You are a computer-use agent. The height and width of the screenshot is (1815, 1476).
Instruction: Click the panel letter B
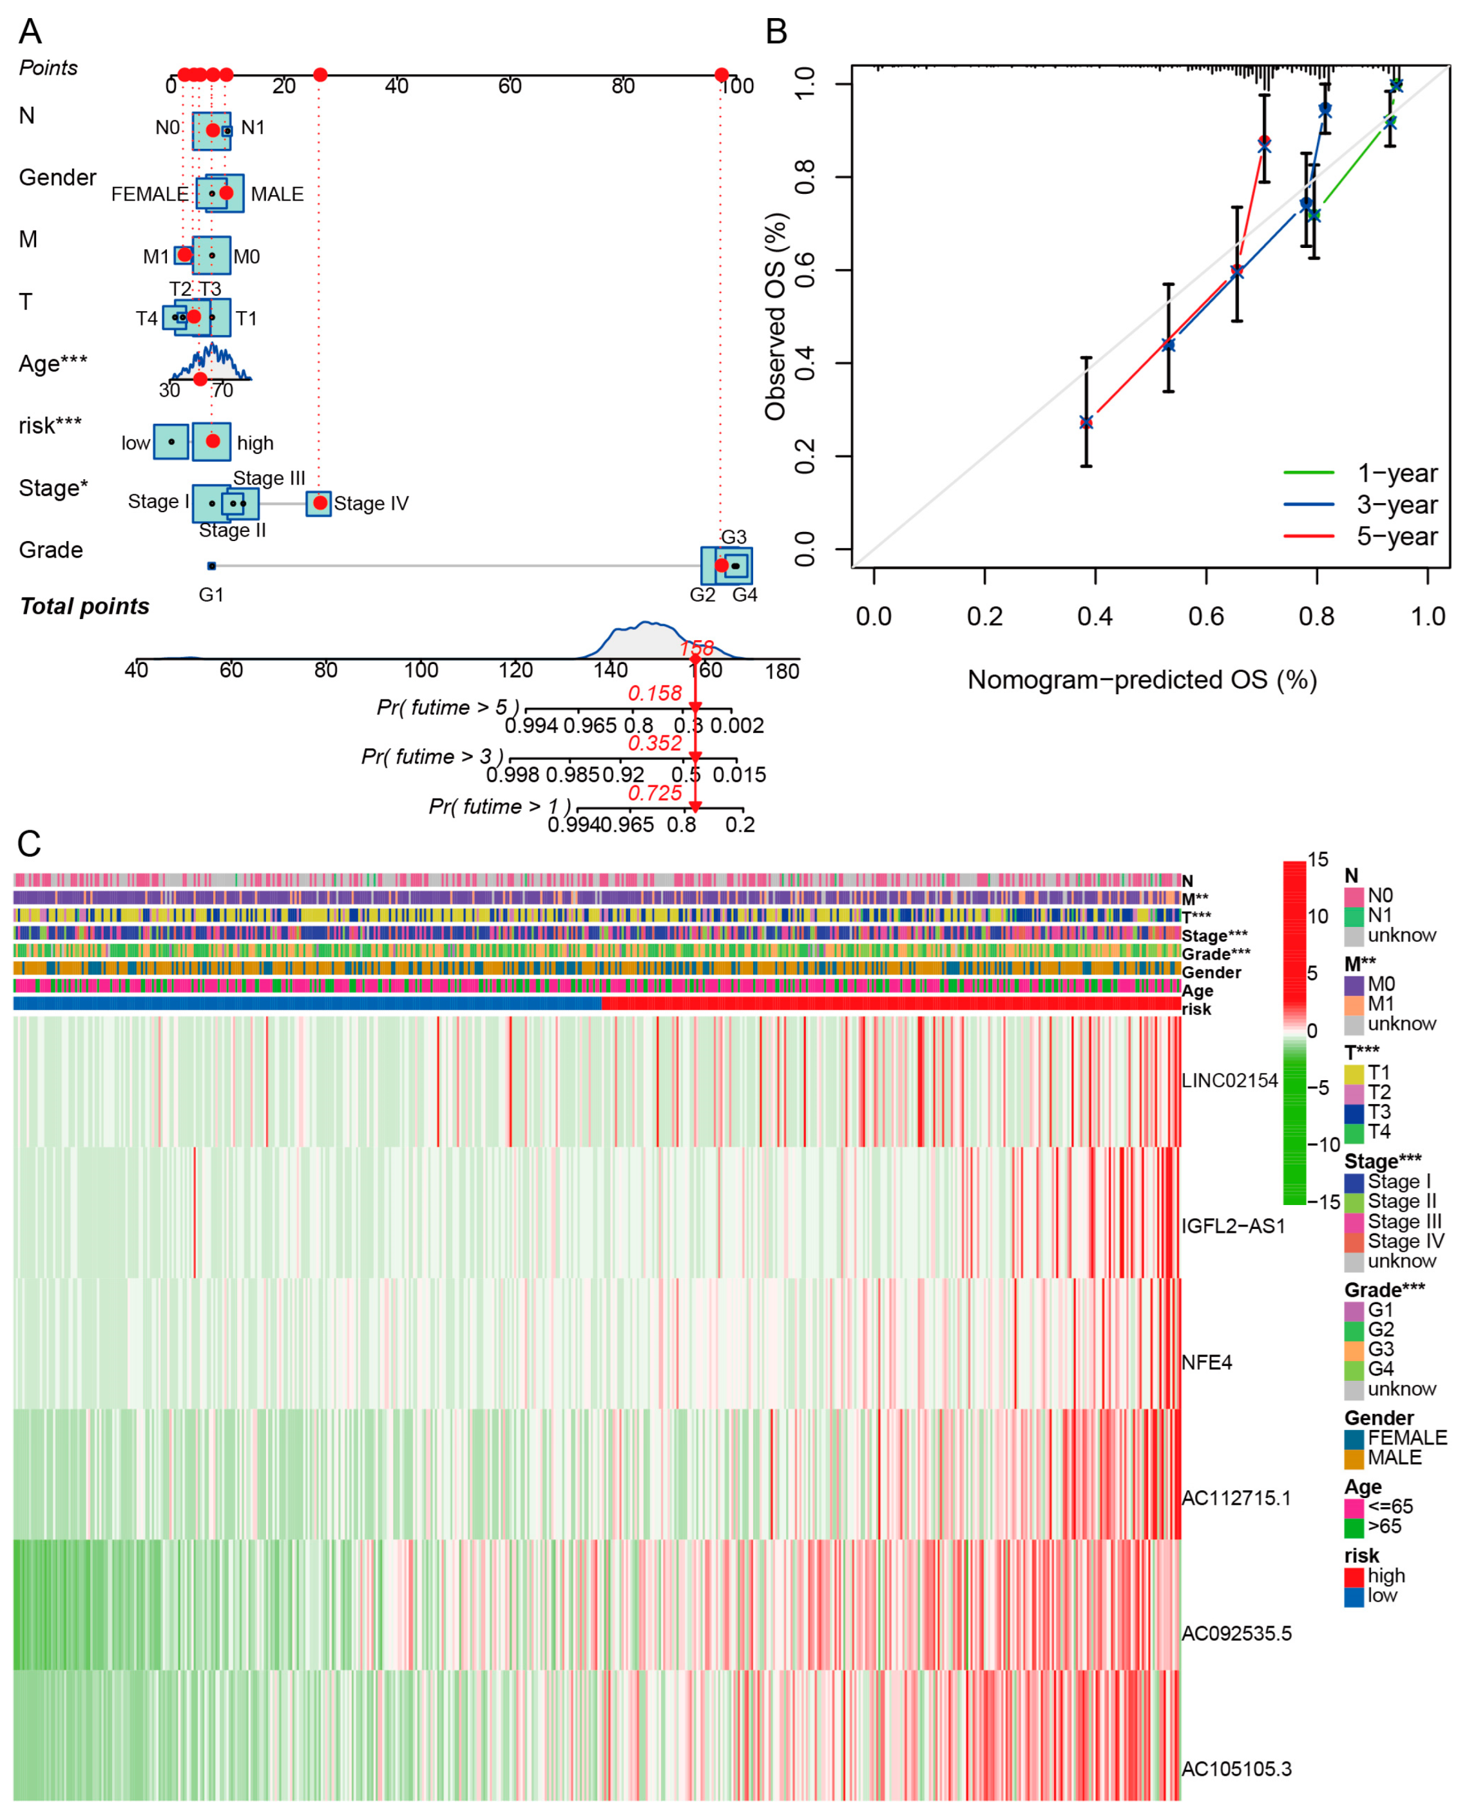tap(776, 32)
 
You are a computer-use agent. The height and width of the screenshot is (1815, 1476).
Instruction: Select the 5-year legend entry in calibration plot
tap(1396, 537)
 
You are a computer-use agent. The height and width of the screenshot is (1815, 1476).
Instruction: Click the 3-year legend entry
tap(1396, 505)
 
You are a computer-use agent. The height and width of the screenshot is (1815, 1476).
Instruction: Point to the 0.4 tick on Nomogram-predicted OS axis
tap(1095, 616)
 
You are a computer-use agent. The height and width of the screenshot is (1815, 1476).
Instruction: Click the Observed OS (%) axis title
tap(776, 316)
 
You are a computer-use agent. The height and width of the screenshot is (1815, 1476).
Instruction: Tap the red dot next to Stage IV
tap(320, 503)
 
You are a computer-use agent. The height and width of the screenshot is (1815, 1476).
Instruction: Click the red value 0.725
tap(655, 793)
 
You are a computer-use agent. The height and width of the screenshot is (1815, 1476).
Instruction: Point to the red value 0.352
tap(655, 744)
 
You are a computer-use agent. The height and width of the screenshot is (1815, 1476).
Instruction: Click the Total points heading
tap(84, 607)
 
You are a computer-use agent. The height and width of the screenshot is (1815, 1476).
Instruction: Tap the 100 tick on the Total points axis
tap(421, 670)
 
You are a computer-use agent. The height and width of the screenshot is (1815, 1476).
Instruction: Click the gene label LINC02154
tap(1229, 1081)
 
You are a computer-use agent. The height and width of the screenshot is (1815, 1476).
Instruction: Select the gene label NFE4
tap(1207, 1363)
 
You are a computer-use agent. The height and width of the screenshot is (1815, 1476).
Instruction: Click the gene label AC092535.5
tap(1236, 1633)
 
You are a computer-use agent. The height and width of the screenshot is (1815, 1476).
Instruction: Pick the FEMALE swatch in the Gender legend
tap(1354, 1438)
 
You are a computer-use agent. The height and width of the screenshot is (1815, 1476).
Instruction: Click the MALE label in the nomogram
tap(277, 195)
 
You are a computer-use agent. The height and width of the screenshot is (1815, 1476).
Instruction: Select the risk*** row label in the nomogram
tap(50, 426)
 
